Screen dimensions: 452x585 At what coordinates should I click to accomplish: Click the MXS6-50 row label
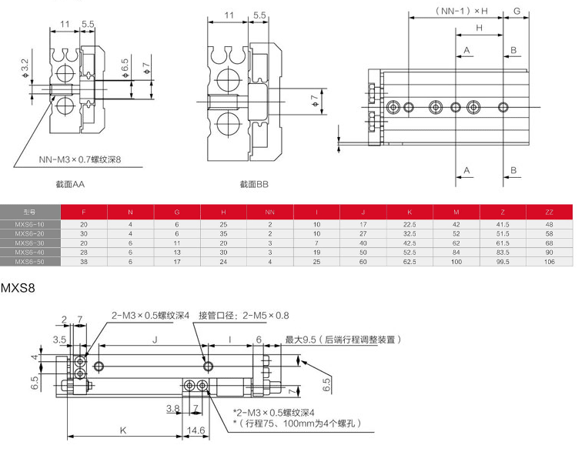30,262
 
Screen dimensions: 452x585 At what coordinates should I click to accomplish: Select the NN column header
270,211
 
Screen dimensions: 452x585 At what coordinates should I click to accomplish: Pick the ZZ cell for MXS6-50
549,262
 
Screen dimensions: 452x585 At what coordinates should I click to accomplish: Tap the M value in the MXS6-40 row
456,252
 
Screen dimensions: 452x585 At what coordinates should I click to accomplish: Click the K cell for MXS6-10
409,223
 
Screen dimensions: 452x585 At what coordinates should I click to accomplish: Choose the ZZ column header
549,211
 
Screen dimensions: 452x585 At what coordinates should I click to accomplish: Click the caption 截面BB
254,185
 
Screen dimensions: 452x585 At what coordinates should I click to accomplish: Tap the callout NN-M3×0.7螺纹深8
81,160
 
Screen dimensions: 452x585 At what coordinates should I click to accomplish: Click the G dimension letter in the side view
517,11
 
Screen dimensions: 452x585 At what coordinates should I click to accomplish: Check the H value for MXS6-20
223,233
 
